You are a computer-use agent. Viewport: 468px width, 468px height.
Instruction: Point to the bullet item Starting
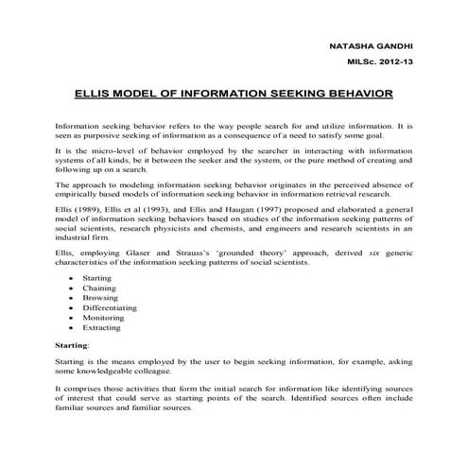click(x=97, y=280)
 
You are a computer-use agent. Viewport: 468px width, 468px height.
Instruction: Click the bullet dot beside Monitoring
click(x=73, y=331)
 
